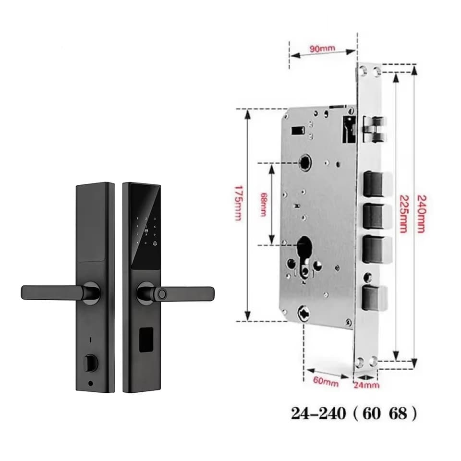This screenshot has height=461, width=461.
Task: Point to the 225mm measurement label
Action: [x=403, y=214]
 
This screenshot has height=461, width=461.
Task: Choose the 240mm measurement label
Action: [x=421, y=213]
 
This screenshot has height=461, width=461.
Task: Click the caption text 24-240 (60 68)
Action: [x=354, y=413]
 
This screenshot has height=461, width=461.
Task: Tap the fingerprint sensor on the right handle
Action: [x=161, y=293]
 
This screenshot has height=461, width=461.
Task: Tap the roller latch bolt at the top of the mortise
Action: [x=375, y=130]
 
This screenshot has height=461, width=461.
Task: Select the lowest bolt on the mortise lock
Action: [x=375, y=297]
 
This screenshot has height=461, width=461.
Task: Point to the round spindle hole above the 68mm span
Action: [x=304, y=163]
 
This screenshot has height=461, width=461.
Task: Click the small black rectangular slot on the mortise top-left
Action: [x=298, y=131]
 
